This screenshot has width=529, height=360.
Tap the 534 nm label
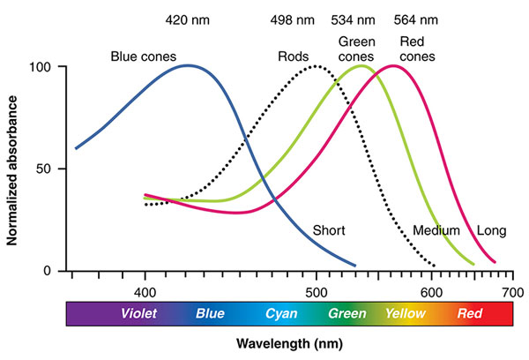click(353, 18)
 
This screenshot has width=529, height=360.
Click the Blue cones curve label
click(145, 56)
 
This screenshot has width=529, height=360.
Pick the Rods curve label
click(294, 56)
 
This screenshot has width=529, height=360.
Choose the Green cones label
click(357, 49)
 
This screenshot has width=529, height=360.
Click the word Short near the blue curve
click(328, 230)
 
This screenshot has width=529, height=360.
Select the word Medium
click(436, 230)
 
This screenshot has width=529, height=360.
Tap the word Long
click(491, 230)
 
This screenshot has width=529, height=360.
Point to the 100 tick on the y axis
click(41, 67)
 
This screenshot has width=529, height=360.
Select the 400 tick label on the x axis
click(145, 289)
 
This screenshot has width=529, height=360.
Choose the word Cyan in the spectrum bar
click(281, 313)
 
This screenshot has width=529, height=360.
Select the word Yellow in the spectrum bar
click(406, 313)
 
